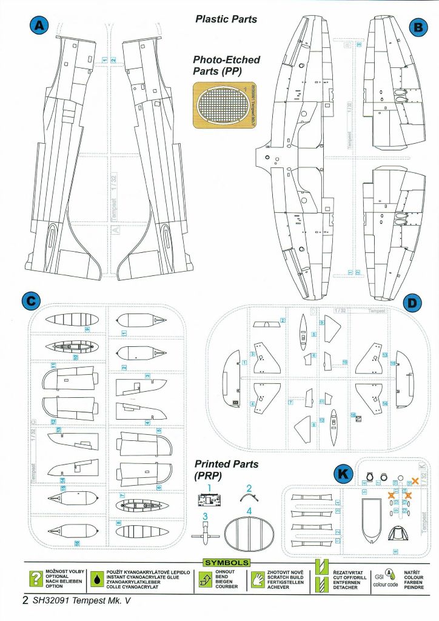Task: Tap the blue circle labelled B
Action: click(x=418, y=27)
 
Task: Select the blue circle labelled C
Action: click(x=30, y=300)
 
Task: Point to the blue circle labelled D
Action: click(x=412, y=301)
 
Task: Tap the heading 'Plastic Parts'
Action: click(x=226, y=19)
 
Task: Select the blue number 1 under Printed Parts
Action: click(x=209, y=487)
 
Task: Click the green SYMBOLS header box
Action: click(x=227, y=563)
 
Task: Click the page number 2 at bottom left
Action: click(x=25, y=601)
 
